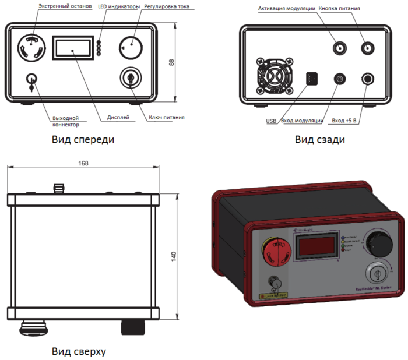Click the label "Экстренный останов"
pos(65,6)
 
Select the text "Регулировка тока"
pos(167,6)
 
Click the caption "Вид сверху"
pos(79,352)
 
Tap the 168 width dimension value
pos(83,164)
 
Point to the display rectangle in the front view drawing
pos(73,48)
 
